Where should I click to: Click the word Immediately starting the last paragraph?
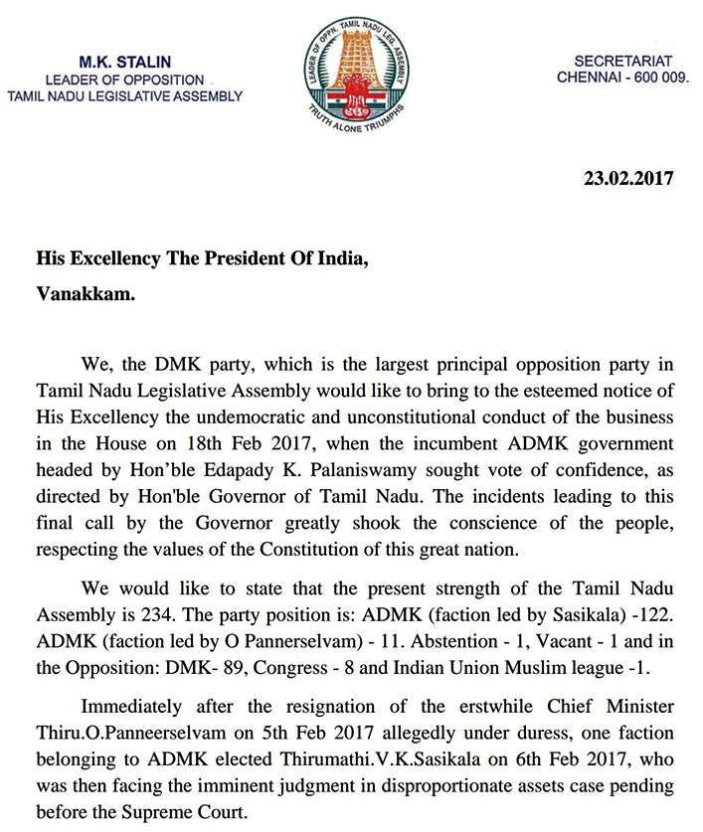[139, 708]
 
